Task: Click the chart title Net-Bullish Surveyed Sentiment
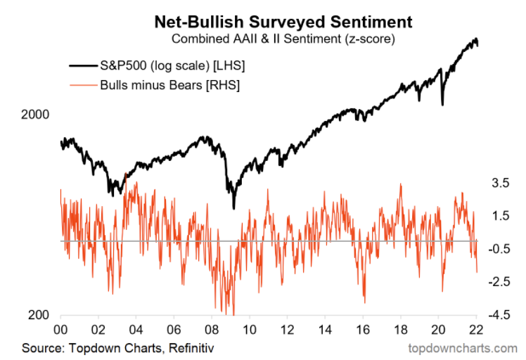(x=274, y=21)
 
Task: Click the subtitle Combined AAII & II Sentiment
(x=274, y=38)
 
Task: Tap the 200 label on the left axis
(x=41, y=315)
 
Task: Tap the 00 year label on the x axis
(x=61, y=330)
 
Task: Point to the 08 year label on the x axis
(x=212, y=330)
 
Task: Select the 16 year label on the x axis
(x=364, y=330)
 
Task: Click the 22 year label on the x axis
(x=477, y=330)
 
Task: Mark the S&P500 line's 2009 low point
(x=233, y=207)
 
